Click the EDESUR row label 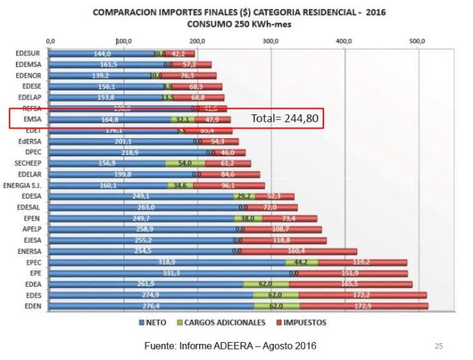(x=29, y=54)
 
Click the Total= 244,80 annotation (x=285, y=120)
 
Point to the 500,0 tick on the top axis (x=418, y=41)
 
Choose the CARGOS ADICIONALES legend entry (x=225, y=321)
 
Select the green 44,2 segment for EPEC (x=301, y=262)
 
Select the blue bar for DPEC (x=129, y=152)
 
